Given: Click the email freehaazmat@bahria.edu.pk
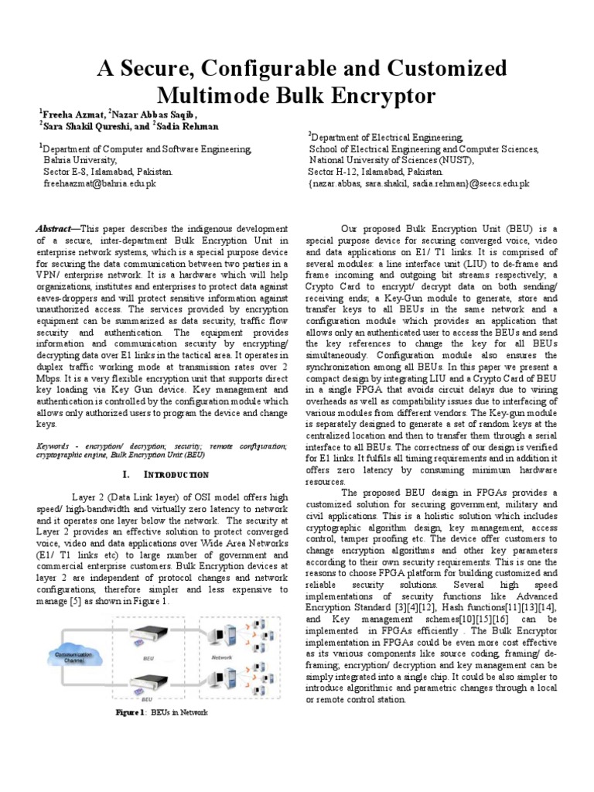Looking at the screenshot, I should (x=99, y=184).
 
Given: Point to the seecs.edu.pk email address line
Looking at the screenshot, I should (x=418, y=183).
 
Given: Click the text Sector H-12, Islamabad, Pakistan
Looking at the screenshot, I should (x=375, y=172).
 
